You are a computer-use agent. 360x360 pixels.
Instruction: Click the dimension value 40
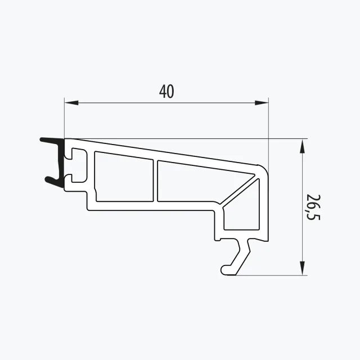[x=166, y=91]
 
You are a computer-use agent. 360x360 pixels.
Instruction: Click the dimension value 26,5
[x=313, y=207]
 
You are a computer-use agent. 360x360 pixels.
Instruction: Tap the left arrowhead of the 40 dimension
[x=71, y=103]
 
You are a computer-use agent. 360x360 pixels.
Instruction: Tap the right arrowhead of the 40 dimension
[x=262, y=103]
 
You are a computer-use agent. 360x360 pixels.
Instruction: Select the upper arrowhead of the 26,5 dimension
[x=303, y=146]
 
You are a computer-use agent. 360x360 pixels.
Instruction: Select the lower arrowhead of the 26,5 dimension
[x=303, y=268]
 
